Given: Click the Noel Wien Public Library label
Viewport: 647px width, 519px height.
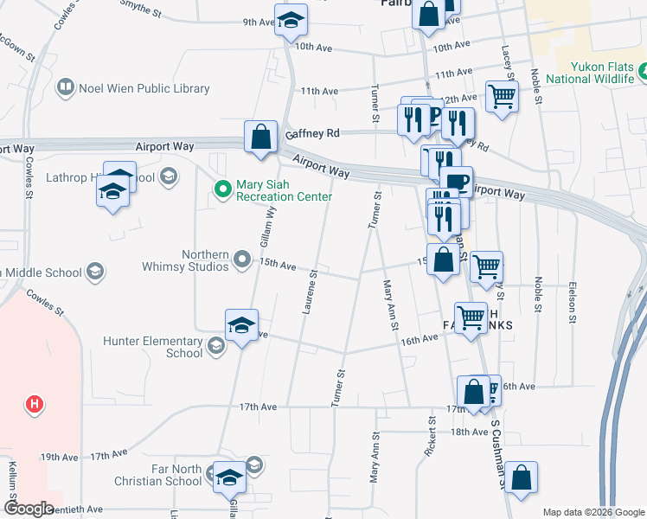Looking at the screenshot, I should click(144, 88).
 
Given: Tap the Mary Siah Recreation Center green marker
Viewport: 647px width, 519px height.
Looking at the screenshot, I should click(223, 187).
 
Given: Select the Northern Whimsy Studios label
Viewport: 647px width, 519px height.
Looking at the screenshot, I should click(206, 260).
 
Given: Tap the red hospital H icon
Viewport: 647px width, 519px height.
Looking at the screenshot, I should click(35, 403).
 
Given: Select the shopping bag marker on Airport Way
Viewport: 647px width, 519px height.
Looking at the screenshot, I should click(260, 137).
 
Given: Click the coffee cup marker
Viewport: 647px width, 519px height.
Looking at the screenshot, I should click(457, 182).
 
